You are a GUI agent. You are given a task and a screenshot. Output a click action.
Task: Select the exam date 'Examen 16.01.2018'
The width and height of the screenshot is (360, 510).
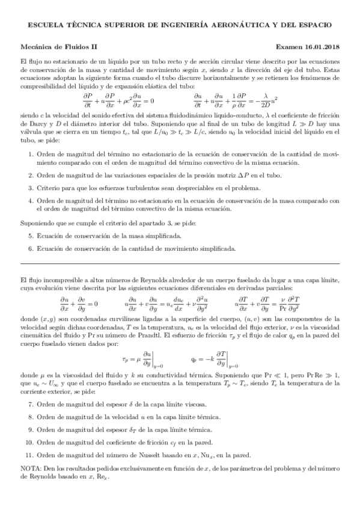pos(307,46)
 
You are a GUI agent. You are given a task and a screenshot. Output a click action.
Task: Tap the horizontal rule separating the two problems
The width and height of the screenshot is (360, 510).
pos(180,263)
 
